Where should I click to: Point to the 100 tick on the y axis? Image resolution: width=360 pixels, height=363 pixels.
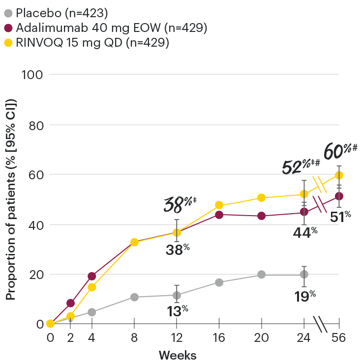[x=32, y=75]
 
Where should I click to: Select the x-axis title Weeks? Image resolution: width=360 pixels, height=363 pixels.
[x=178, y=355]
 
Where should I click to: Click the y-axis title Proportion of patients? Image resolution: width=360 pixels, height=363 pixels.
[x=11, y=199]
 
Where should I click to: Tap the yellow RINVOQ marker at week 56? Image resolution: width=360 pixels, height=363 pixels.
[x=339, y=175]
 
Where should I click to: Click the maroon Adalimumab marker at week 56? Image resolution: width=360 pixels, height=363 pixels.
[x=339, y=196]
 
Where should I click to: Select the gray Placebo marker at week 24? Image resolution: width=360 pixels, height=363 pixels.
[x=304, y=274]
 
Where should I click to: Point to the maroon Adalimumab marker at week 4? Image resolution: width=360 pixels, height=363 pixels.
[x=91, y=276]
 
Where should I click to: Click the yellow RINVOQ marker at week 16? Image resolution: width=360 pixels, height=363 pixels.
[x=219, y=205]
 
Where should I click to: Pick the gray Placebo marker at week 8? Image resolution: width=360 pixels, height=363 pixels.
[x=134, y=297]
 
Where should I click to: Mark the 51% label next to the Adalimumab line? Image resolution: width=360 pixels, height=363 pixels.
[x=340, y=216]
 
